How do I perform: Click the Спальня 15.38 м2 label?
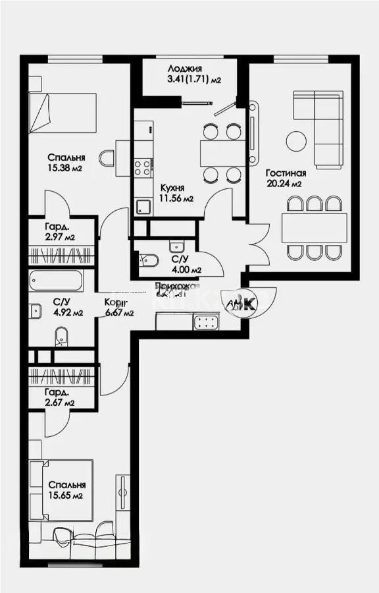click(67, 163)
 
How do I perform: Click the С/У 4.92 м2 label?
click(67, 308)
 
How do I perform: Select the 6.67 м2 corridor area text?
click(119, 313)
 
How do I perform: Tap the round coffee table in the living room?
click(296, 140)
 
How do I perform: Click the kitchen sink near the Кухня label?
click(143, 207)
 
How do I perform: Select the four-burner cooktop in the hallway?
click(207, 322)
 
